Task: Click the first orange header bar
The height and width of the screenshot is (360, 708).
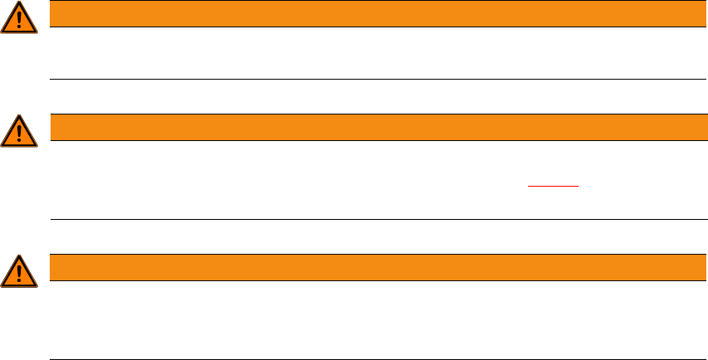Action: [x=373, y=13]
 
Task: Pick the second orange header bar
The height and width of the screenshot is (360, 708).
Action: [x=373, y=127]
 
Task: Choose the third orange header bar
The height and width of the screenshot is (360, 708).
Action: [x=373, y=267]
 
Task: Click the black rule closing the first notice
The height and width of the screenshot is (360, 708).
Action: [x=373, y=80]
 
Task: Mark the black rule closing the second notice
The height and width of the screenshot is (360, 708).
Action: [x=373, y=220]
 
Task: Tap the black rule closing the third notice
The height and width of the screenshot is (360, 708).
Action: [x=373, y=359]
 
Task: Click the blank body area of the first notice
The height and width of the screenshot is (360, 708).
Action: [x=373, y=53]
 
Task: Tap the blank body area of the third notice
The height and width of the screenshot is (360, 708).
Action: [x=373, y=319]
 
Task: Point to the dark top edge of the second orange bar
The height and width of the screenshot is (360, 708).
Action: [x=373, y=114]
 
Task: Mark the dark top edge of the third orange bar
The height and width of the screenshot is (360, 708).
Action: [x=373, y=255]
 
